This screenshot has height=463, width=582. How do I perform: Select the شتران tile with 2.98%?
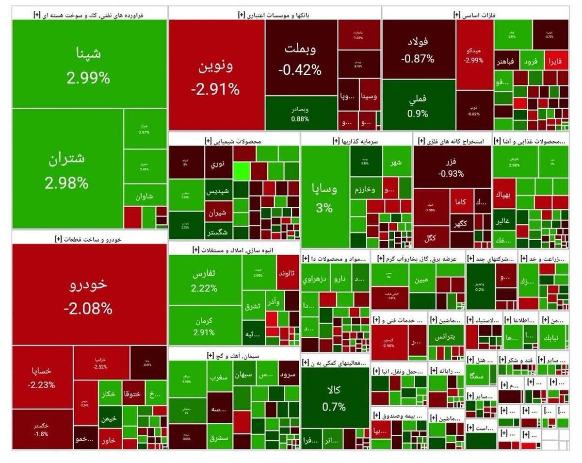coord(67,169)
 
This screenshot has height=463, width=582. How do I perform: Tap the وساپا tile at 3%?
coord(324,197)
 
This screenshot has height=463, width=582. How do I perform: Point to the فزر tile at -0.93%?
coord(452,167)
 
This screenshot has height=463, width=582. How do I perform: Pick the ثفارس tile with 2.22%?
coord(204,280)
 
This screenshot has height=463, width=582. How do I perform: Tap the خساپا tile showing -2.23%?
coord(42,377)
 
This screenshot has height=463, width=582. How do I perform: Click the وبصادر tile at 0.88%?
coord(300,113)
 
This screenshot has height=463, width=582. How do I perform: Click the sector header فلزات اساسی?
coord(475,15)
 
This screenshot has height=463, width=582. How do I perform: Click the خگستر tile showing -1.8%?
coord(42,430)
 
